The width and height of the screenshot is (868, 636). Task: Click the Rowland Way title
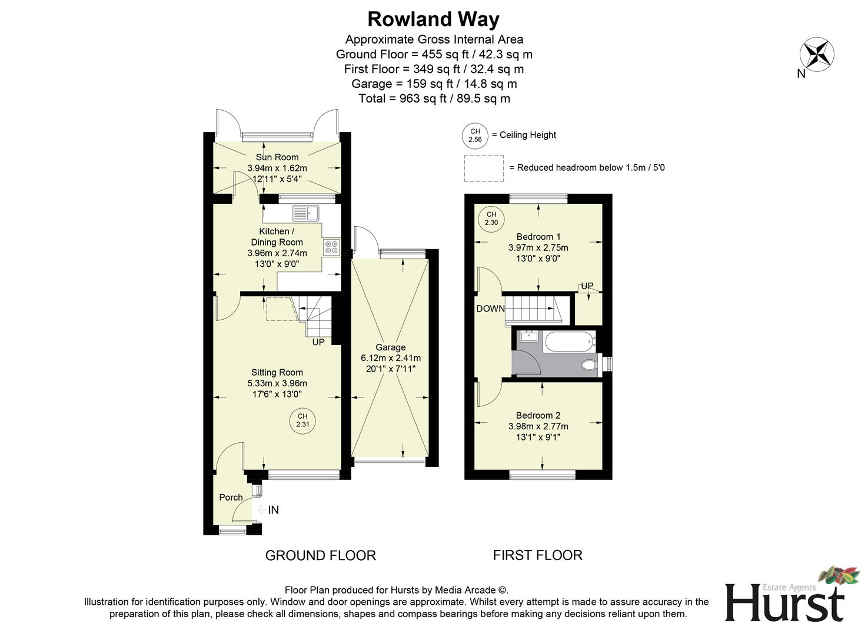(x=433, y=19)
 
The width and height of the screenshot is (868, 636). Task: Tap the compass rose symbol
(x=816, y=54)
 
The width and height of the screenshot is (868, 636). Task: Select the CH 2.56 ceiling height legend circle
(x=475, y=135)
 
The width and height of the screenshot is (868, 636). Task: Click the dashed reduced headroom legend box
(x=484, y=168)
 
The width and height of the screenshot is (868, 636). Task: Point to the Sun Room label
(x=277, y=157)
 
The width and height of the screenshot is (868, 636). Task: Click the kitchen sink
(x=305, y=212)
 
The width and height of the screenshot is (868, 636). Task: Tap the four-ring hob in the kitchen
(x=331, y=247)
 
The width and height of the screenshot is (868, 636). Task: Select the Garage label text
(x=390, y=347)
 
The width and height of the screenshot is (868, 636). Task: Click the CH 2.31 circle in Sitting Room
(x=302, y=420)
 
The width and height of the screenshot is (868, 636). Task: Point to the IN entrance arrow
(x=268, y=510)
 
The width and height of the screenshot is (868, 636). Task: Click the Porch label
(x=231, y=498)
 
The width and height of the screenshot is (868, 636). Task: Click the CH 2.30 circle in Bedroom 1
(x=491, y=218)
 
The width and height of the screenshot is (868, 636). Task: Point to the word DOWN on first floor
(x=490, y=309)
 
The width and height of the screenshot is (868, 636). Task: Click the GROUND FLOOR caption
(x=320, y=555)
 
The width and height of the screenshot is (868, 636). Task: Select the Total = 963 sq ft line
(x=434, y=98)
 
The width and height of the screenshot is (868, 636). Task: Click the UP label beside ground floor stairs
(x=318, y=342)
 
